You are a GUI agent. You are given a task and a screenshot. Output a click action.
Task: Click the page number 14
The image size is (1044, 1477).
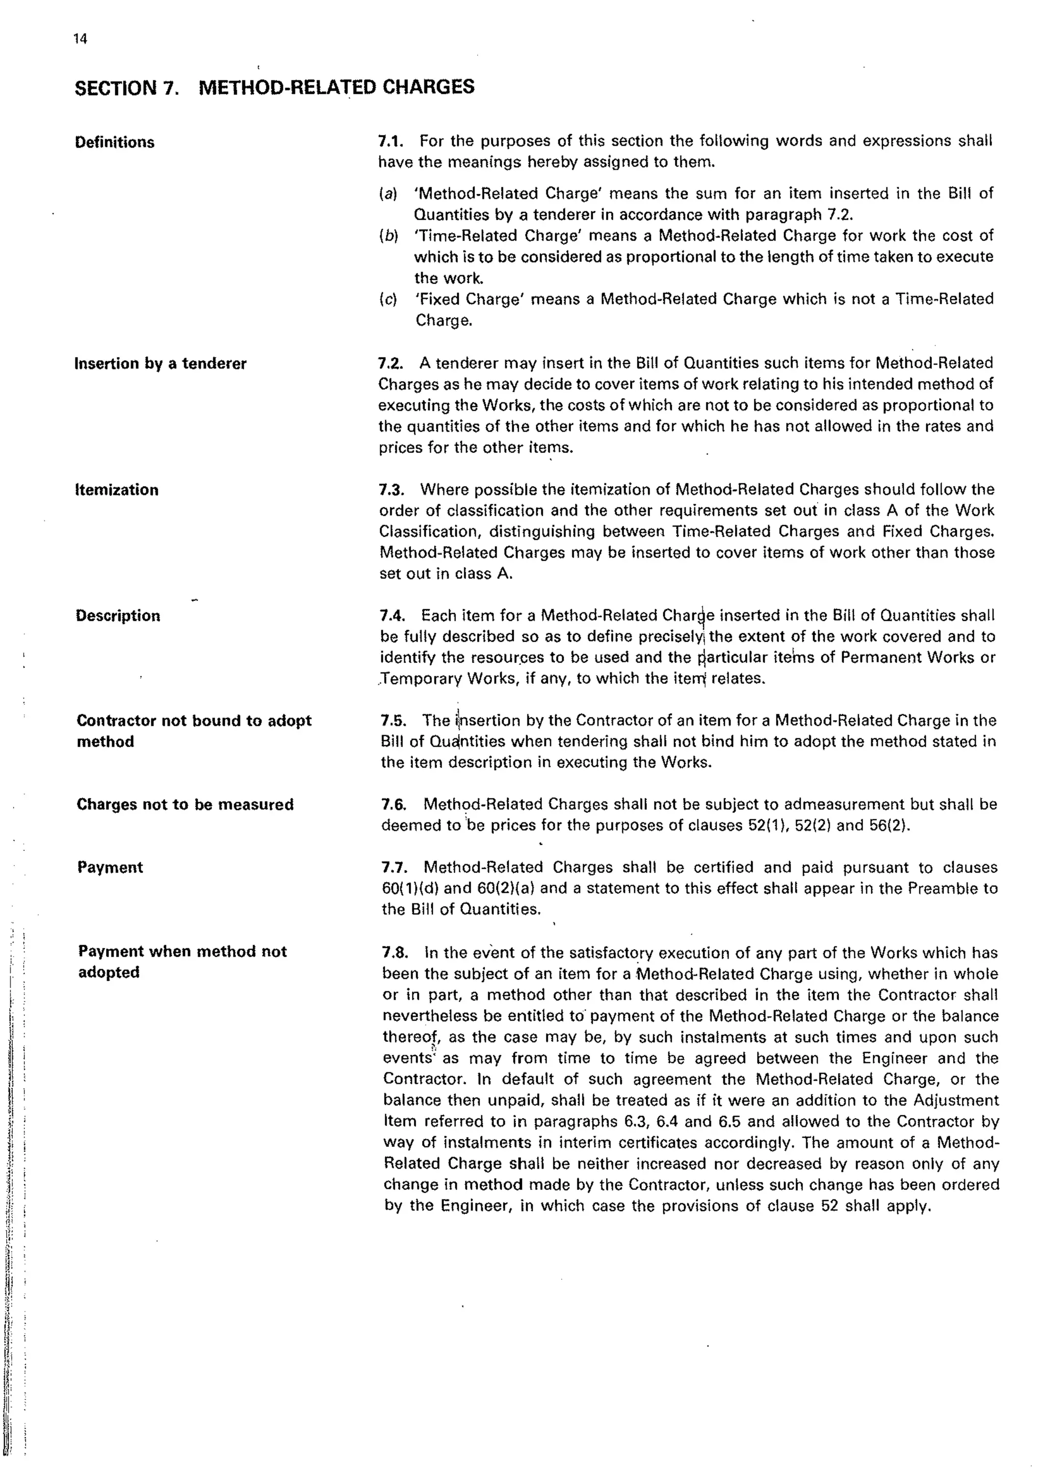pyautogui.click(x=81, y=39)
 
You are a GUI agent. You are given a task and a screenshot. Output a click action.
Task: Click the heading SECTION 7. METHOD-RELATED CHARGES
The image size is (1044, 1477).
pyautogui.click(x=274, y=87)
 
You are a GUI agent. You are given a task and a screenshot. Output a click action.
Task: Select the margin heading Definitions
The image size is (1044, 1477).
pyautogui.click(x=114, y=142)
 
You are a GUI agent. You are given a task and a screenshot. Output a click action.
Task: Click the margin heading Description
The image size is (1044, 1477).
pyautogui.click(x=118, y=616)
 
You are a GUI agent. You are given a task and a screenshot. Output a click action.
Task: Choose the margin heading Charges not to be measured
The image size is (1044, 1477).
pyautogui.click(x=185, y=805)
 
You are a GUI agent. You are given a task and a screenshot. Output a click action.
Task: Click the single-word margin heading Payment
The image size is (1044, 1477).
pyautogui.click(x=110, y=868)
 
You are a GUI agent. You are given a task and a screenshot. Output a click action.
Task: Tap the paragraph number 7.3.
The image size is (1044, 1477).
pyautogui.click(x=391, y=490)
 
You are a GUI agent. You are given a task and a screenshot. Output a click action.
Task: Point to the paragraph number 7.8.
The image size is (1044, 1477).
pyautogui.click(x=395, y=952)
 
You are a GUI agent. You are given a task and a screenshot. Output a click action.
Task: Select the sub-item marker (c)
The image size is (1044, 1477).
pyautogui.click(x=387, y=299)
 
